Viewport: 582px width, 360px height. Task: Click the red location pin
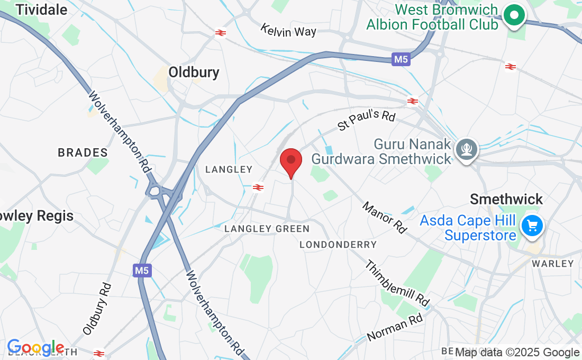(x=290, y=162)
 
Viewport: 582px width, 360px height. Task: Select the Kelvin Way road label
(x=288, y=30)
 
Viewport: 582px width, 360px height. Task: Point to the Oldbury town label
(x=194, y=73)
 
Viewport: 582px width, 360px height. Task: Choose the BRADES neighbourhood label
(x=83, y=152)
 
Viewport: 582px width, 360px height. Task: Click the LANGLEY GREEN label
(x=267, y=229)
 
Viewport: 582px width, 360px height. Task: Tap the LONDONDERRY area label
(x=338, y=245)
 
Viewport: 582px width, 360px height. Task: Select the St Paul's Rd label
(x=367, y=120)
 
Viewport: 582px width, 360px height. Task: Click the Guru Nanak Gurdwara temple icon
(x=467, y=150)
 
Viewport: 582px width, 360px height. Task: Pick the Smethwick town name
(x=506, y=199)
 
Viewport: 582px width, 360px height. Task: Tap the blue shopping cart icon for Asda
(x=532, y=226)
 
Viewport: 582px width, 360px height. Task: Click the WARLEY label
(x=552, y=264)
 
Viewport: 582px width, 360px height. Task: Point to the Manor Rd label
(x=385, y=217)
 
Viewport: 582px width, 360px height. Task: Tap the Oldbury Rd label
(x=97, y=309)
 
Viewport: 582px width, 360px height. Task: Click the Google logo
(x=35, y=348)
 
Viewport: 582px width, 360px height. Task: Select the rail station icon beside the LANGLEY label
(x=258, y=187)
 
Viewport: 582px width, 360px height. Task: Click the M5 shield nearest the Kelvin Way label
(x=402, y=59)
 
